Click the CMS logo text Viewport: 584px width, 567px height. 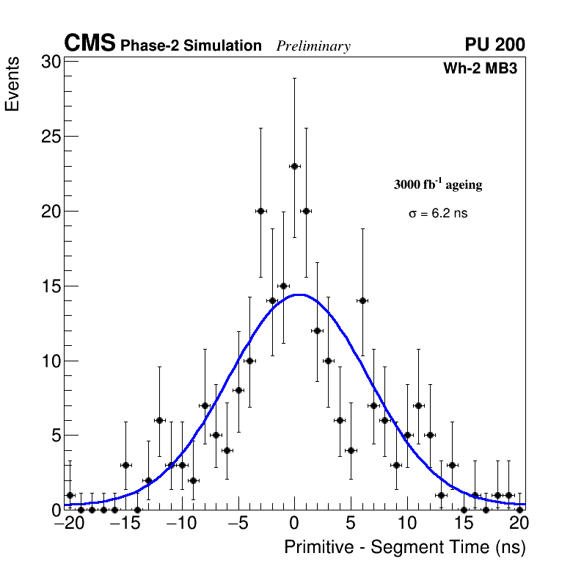90,44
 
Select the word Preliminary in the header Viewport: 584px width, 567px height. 313,46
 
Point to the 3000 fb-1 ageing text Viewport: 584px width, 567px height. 438,185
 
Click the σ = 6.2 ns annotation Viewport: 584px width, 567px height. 438,214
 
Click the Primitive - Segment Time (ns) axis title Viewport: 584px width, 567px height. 405,547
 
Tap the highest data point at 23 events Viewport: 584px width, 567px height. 294,166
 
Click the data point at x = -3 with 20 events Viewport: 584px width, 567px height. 260,211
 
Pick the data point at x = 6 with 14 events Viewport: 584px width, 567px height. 362,300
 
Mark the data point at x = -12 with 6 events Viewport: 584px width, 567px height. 159,420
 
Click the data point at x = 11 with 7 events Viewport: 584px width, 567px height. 418,405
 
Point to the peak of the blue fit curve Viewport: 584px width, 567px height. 299,295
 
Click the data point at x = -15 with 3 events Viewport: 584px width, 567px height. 125,465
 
